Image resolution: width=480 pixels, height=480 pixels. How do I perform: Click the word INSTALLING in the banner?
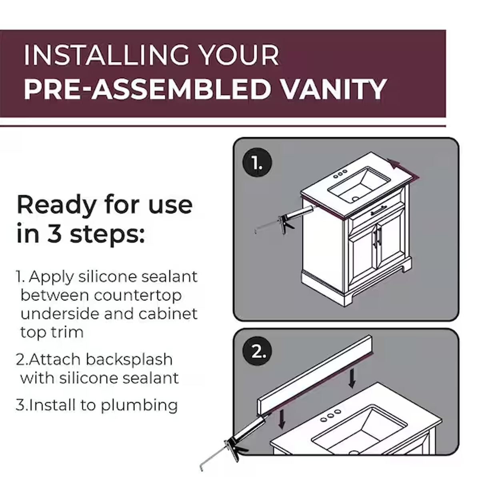(x=107, y=55)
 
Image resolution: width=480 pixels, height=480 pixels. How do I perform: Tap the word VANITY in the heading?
(x=334, y=89)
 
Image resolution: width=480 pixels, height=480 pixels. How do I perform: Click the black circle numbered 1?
(x=257, y=162)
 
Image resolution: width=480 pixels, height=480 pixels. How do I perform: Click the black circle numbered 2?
(x=257, y=351)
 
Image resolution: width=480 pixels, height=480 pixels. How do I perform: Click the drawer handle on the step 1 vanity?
(x=378, y=210)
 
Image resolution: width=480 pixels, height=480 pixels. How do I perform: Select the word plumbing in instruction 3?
(x=139, y=406)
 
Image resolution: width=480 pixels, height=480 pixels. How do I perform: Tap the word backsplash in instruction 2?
(x=129, y=360)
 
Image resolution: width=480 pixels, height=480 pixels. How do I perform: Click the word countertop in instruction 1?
(x=138, y=296)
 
